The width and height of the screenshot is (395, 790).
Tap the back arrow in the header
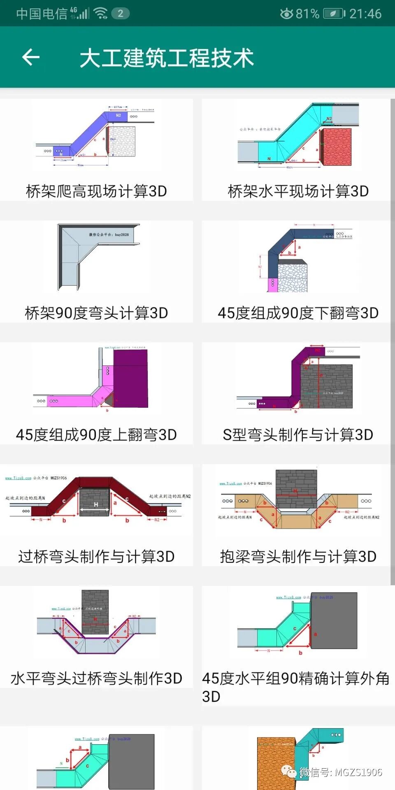(31, 57)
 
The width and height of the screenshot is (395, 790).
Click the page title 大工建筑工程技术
(167, 58)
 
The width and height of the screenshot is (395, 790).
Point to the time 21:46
(365, 14)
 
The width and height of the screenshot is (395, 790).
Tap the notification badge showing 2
(121, 14)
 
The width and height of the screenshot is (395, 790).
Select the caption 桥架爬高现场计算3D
(96, 191)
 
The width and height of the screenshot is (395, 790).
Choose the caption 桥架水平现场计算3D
(298, 191)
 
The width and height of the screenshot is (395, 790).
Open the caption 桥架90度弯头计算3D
(96, 313)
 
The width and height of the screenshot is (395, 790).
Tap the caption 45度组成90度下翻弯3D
(298, 313)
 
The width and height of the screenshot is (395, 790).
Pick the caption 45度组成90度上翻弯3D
(96, 434)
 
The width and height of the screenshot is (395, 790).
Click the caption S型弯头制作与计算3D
(298, 434)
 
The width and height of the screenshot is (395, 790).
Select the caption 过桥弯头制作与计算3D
(96, 556)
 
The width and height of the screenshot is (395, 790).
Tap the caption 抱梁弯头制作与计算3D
(298, 556)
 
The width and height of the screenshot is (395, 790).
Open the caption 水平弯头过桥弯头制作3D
(96, 678)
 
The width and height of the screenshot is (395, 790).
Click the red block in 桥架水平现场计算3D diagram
(336, 147)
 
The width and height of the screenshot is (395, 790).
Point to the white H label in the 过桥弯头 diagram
(96, 504)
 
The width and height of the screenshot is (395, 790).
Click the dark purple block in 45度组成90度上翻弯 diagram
(130, 381)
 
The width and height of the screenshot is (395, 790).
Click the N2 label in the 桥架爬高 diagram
(118, 116)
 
